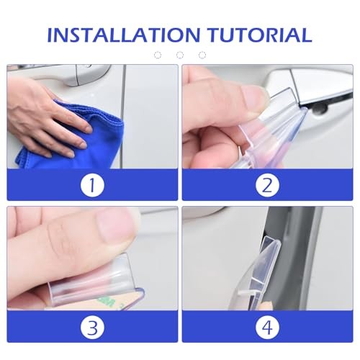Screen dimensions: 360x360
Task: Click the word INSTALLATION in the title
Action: (x=124, y=35)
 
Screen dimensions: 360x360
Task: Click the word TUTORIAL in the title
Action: (x=260, y=35)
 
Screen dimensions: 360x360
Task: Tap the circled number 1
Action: (x=92, y=185)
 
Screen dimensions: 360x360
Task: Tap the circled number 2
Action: (x=267, y=185)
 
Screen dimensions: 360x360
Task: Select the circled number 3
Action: (x=92, y=327)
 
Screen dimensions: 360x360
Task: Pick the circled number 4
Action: (x=267, y=327)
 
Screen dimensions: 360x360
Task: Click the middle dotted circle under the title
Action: (x=180, y=55)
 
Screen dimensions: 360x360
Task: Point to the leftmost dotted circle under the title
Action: (x=158, y=55)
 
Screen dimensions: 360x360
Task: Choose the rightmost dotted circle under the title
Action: (x=202, y=55)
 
